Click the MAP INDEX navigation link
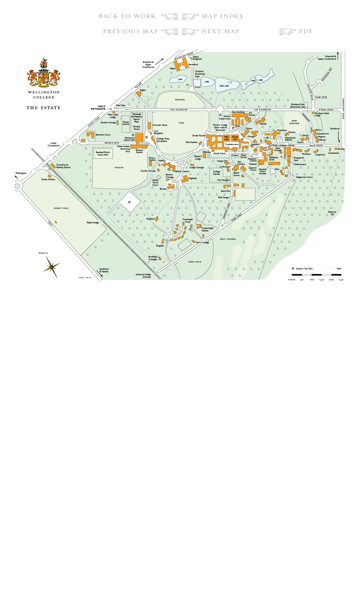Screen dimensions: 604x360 [x=223, y=16]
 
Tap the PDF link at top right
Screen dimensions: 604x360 [x=306, y=31]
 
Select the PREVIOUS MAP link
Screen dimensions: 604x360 [x=130, y=31]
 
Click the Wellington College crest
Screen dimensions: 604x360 [x=44, y=73]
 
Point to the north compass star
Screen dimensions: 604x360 [x=52, y=267]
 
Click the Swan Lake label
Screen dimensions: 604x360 [x=224, y=86]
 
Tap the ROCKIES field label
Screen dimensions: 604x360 [x=180, y=100]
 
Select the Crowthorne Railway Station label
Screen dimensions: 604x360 [x=63, y=166]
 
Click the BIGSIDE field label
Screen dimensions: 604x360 [x=119, y=168]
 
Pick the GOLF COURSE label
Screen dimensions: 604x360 [x=227, y=239]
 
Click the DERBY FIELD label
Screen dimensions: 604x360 [x=61, y=208]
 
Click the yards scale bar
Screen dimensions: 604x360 [x=316, y=275]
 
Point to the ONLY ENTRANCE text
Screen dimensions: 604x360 [x=98, y=108]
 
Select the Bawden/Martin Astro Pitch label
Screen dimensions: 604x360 [x=103, y=153]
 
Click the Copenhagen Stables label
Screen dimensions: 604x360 [x=207, y=229]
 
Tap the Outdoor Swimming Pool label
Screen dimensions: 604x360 [x=200, y=74]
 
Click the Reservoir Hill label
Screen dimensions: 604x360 [x=332, y=213]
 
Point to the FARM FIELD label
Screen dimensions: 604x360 [x=195, y=262]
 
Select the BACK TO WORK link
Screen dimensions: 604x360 [x=127, y=16]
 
